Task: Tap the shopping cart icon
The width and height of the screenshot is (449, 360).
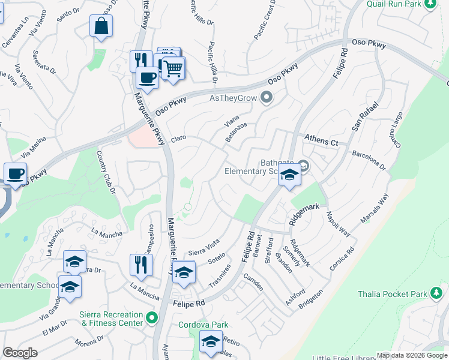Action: (x=173, y=68)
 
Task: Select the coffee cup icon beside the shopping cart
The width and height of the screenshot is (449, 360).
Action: (x=147, y=77)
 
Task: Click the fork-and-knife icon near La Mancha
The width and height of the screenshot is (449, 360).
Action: (x=141, y=265)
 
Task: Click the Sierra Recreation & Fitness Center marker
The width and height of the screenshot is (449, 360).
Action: (x=152, y=317)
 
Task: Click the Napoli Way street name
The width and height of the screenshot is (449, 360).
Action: (x=338, y=223)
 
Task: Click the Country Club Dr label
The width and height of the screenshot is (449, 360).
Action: (x=106, y=172)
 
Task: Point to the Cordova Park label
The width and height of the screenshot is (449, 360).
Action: (x=203, y=325)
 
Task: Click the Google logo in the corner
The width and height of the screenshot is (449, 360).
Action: (x=20, y=352)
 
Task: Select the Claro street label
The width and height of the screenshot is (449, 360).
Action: (x=178, y=138)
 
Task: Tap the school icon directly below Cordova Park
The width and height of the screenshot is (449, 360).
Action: (x=210, y=343)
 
